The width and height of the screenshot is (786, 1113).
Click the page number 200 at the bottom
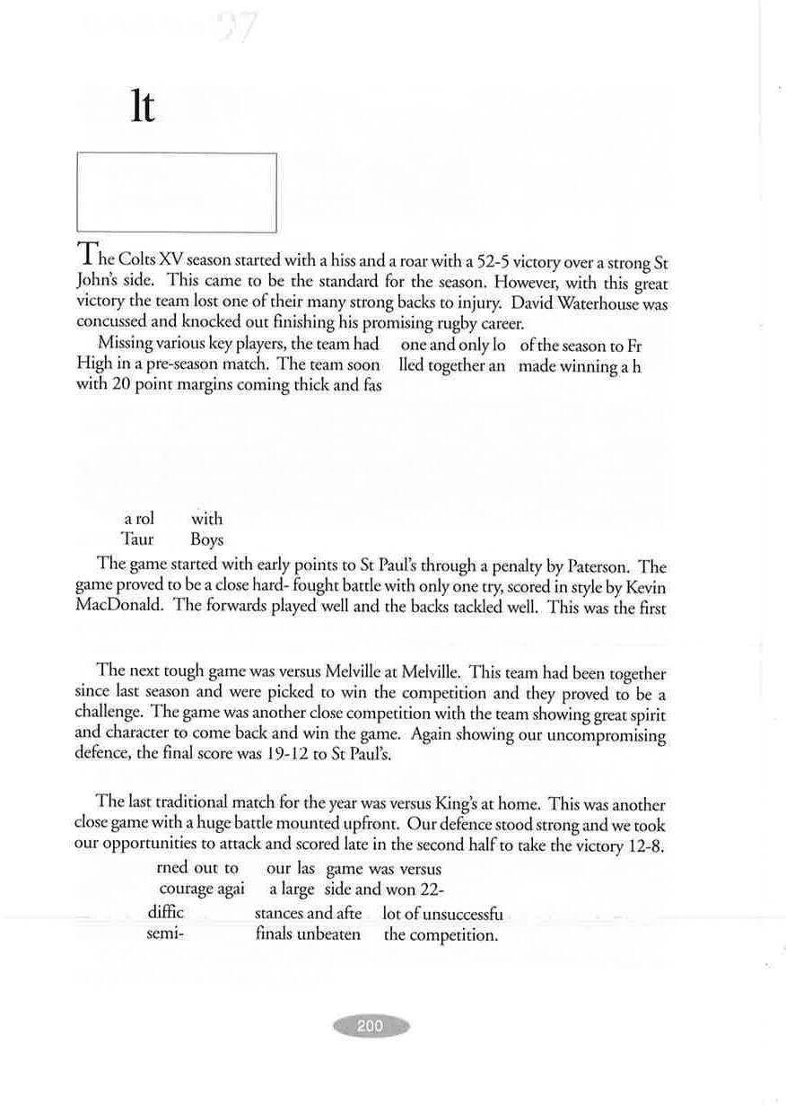371,1026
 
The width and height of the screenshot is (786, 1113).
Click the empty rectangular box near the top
177,192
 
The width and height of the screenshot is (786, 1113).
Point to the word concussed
114,323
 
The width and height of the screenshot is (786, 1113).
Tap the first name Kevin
646,587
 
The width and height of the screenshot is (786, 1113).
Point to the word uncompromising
607,735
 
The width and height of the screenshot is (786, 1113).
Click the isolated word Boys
206,540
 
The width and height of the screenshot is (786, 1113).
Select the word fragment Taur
137,540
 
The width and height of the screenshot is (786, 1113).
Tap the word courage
186,890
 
